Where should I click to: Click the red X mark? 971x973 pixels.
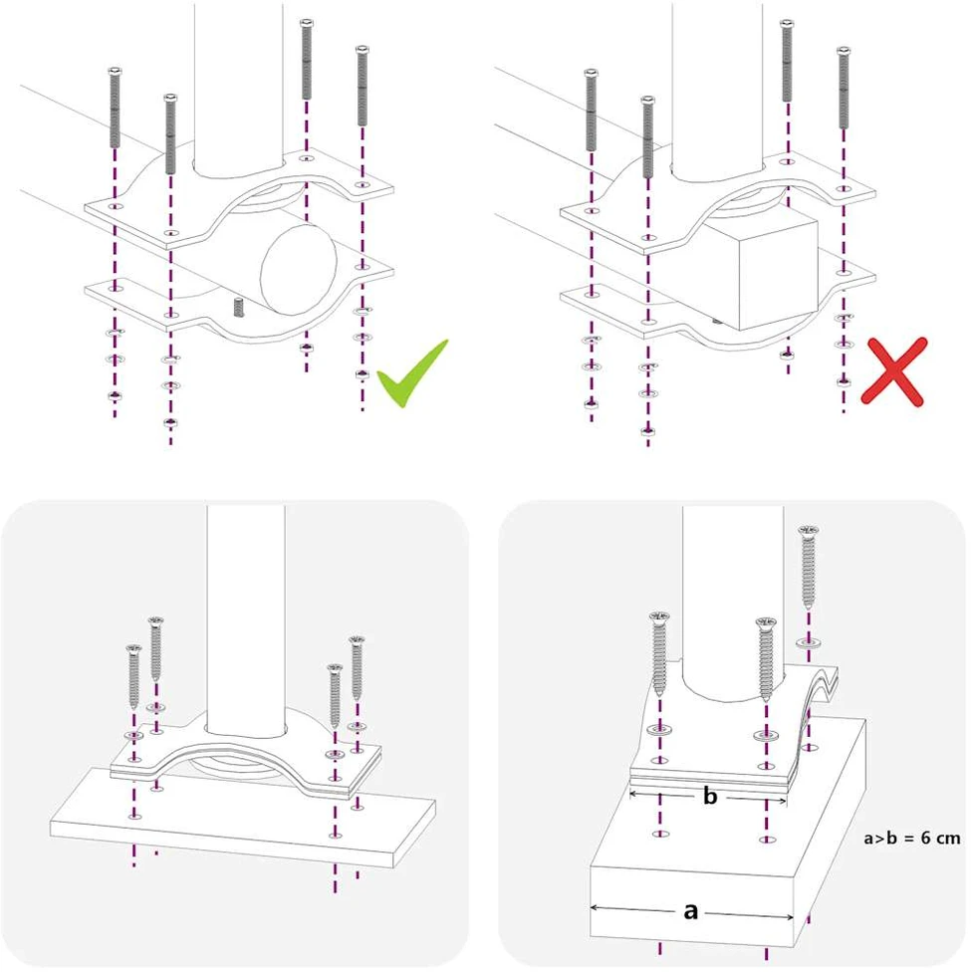pos(894,371)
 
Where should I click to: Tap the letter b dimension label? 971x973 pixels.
pos(710,796)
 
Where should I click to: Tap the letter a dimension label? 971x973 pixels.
pos(690,911)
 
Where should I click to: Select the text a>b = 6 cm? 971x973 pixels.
pos(912,838)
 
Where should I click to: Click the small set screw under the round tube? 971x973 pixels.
pos(238,307)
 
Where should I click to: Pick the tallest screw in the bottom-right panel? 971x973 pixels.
pos(808,566)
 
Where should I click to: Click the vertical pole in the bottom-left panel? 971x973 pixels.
pos(246,620)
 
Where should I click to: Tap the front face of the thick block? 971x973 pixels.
pos(692,904)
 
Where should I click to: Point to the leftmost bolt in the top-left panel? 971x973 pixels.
pos(115,107)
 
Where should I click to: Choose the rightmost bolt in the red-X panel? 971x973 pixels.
pos(844,88)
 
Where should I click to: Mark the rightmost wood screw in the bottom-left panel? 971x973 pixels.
pos(357,668)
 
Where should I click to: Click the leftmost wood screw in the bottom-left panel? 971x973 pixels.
pos(134,676)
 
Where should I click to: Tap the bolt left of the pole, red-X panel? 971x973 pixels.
pos(647,136)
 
